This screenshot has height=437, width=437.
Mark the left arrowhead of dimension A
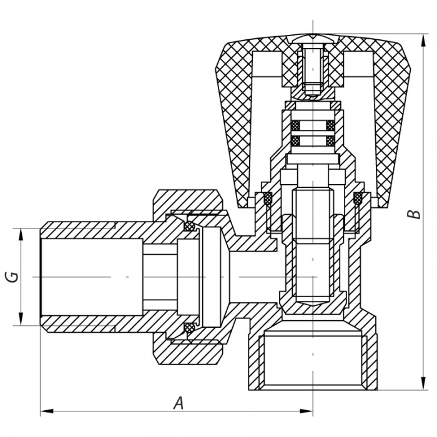tap(44, 411)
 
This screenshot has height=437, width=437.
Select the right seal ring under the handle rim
tap(358, 199)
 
